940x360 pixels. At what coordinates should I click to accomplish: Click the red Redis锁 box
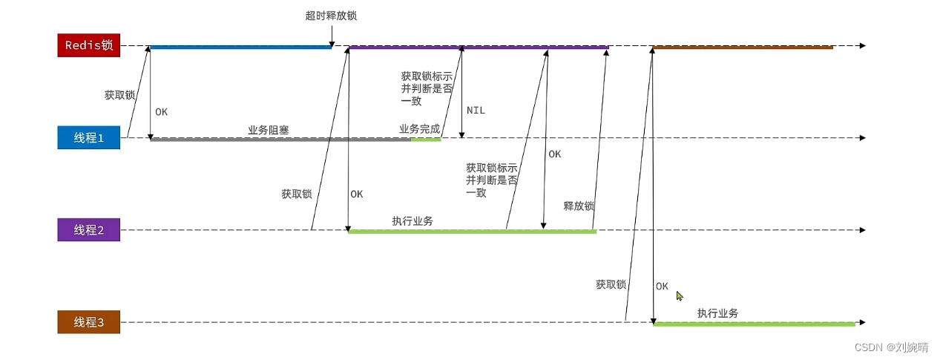click(88, 45)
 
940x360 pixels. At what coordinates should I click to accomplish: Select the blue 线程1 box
click(88, 137)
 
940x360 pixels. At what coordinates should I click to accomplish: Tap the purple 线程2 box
click(88, 229)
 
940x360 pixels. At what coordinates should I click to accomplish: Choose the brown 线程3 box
click(88, 322)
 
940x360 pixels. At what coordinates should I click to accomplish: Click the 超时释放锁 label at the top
click(325, 16)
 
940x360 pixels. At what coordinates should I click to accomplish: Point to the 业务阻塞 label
click(268, 130)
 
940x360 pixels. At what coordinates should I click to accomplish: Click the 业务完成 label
click(419, 128)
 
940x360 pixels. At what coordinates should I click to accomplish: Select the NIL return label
click(476, 110)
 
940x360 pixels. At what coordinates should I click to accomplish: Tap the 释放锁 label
click(579, 206)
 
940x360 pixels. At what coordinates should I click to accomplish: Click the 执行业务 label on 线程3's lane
click(717, 313)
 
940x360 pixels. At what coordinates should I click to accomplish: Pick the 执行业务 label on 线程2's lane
click(413, 221)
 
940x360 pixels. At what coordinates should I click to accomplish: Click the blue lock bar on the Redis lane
click(240, 47)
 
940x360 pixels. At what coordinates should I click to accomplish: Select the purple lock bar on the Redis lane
click(479, 47)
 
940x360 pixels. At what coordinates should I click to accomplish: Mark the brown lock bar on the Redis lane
click(743, 47)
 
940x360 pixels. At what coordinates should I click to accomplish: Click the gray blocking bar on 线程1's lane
click(280, 139)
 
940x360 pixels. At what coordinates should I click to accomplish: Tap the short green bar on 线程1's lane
click(426, 139)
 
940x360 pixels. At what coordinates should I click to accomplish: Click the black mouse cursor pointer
click(679, 295)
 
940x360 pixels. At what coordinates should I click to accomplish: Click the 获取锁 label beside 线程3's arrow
click(611, 284)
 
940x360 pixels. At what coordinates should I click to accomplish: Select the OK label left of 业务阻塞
click(161, 112)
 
